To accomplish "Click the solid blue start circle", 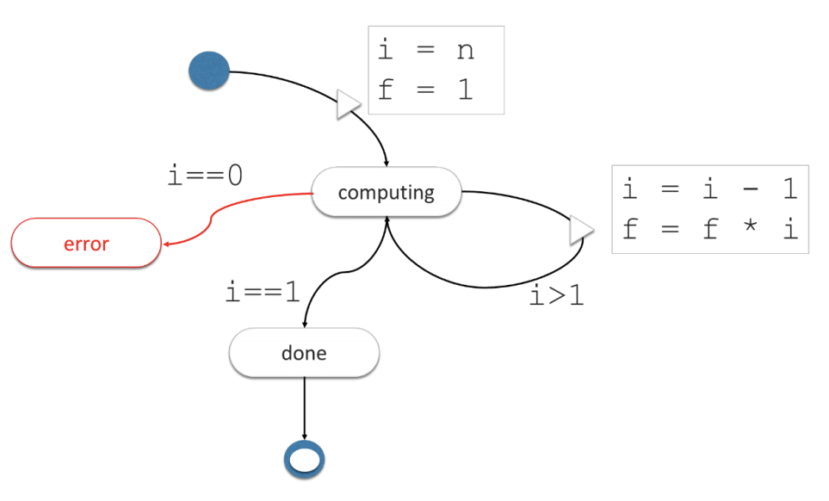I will click(x=209, y=71).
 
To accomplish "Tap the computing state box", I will click(x=387, y=192).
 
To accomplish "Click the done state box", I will click(x=304, y=353).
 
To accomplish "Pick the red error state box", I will click(x=86, y=244).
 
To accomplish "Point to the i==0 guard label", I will click(x=205, y=176).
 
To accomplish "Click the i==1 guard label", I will click(x=263, y=292).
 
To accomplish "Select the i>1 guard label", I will click(x=557, y=295).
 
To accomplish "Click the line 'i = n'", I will click(x=426, y=50).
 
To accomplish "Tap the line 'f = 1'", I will click(x=426, y=90).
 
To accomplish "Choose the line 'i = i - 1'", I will click(x=710, y=189).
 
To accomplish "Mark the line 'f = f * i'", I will click(x=710, y=230).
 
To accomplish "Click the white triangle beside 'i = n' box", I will click(x=348, y=105).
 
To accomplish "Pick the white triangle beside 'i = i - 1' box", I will click(x=582, y=230).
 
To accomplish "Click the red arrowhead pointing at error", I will click(x=166, y=244).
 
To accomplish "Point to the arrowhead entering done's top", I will click(x=305, y=324).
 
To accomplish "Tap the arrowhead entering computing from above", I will click(x=387, y=163).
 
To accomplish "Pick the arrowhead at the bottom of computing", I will click(x=387, y=221).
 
